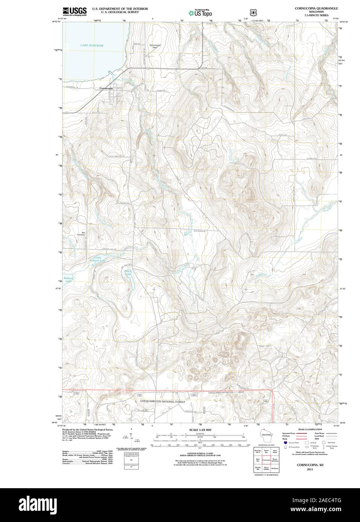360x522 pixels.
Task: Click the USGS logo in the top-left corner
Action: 75,11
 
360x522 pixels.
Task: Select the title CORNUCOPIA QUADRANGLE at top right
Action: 316,8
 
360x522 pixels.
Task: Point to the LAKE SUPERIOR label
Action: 92,45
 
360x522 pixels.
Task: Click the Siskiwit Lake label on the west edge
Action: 68,279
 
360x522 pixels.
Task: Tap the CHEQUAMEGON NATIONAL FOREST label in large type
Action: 163,401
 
